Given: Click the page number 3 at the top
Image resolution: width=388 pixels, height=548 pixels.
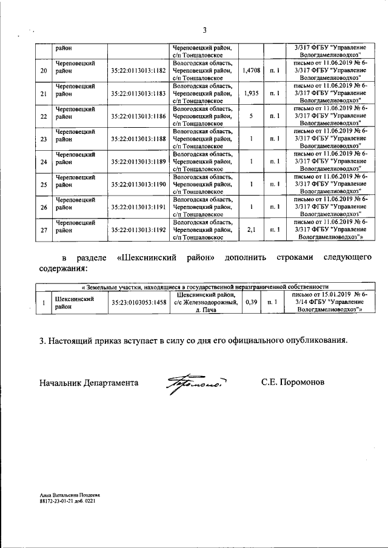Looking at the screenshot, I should point(205,31).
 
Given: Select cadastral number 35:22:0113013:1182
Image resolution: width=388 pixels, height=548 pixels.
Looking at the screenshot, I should point(138,71).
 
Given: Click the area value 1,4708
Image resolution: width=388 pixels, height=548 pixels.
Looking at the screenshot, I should point(251,71).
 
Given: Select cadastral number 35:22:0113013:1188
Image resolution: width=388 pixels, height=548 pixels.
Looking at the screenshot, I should point(138,139).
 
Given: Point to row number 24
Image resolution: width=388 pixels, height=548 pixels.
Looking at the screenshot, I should point(43,162).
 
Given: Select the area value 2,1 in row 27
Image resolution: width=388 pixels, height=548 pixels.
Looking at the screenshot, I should point(251,229).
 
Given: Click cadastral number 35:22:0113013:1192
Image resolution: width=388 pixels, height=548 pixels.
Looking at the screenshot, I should point(138,229).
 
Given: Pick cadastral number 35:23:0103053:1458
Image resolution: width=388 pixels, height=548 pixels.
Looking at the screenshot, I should point(138,302).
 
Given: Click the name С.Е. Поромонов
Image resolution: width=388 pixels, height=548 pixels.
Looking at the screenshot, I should point(293,383).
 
